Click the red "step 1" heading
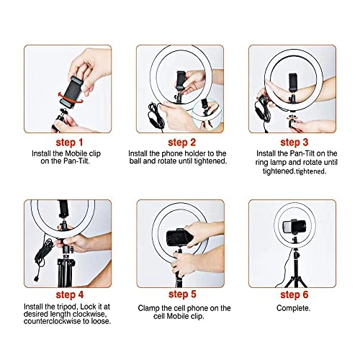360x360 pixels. tap(69, 143)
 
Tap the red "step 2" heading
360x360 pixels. tap(182, 143)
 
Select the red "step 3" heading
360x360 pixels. tap(294, 143)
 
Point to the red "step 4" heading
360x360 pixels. tap(70, 294)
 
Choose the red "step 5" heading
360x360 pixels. tap(182, 294)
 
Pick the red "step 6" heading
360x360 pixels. tap(294, 294)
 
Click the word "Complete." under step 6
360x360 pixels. tap(293, 308)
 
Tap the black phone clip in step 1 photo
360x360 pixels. tap(71, 90)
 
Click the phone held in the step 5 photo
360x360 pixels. tap(179, 238)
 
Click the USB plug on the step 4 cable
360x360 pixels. tap(37, 279)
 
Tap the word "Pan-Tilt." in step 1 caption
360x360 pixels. tap(76, 161)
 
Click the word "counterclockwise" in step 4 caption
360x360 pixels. tap(53, 321)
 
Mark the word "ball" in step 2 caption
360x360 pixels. tap(135, 161)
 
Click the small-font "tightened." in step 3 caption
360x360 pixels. tap(310, 171)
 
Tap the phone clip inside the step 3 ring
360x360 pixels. tap(292, 83)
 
